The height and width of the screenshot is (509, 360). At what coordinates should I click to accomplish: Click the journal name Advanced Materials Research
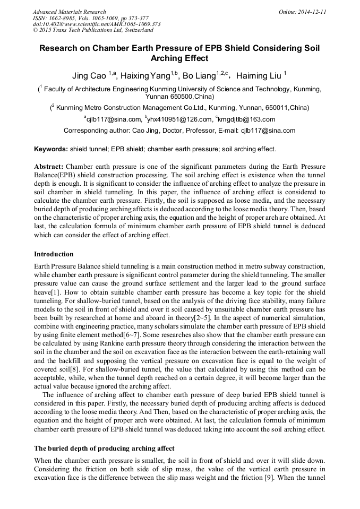click(69, 12)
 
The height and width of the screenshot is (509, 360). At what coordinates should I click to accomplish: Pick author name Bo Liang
click(199, 76)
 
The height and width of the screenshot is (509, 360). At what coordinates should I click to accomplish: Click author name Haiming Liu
click(259, 76)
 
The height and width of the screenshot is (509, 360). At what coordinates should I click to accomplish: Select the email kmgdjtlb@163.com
click(246, 119)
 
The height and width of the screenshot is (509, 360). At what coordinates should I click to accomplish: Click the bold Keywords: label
click(51, 149)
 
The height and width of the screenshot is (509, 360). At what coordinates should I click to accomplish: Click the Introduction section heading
click(54, 254)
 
